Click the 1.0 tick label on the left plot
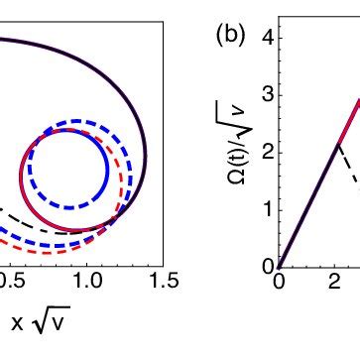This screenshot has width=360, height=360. point(85,254)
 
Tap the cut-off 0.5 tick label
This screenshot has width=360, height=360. point(10,254)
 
